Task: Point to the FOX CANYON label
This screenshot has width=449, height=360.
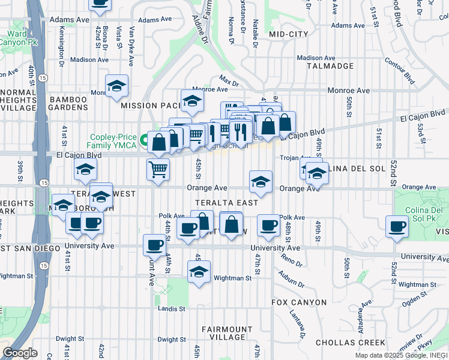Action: pos(299,302)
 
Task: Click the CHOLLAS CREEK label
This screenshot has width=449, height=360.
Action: pos(351,343)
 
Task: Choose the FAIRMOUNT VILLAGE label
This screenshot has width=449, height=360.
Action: pos(227,334)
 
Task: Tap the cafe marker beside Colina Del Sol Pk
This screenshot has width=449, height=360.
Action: pos(396,227)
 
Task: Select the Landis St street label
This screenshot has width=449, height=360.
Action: pos(172,308)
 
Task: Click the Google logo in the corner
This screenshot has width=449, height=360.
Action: pos(20,353)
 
